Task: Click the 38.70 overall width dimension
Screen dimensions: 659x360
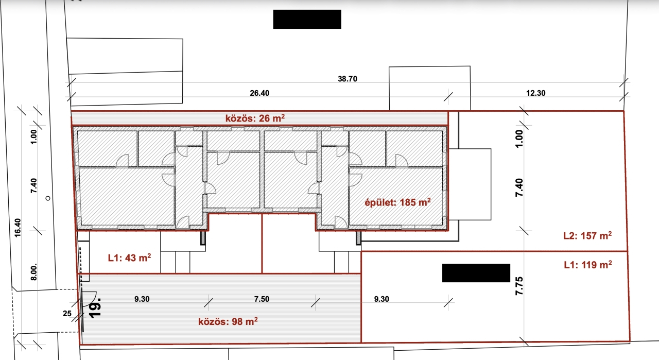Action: (x=348, y=79)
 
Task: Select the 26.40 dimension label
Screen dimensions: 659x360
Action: (x=259, y=93)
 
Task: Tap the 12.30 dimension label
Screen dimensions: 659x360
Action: (x=536, y=93)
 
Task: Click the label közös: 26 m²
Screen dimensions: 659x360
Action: (x=255, y=118)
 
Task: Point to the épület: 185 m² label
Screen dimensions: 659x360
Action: (x=398, y=202)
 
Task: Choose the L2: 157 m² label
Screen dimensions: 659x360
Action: (x=587, y=235)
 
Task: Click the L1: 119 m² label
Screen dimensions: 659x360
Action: (x=588, y=265)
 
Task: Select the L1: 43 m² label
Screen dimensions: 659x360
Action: (x=129, y=258)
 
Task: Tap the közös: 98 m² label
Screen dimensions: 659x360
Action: (x=228, y=321)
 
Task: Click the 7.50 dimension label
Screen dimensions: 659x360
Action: (x=262, y=299)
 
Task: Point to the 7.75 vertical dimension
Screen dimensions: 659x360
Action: (x=519, y=286)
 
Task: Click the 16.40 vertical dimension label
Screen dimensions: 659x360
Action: (x=18, y=228)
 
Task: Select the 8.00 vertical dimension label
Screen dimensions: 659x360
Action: (x=34, y=272)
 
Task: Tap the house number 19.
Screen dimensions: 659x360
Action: (x=95, y=308)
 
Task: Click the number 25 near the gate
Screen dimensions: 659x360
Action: (x=67, y=314)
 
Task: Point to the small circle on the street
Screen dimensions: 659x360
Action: (x=48, y=198)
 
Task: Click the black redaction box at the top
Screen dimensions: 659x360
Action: (x=307, y=19)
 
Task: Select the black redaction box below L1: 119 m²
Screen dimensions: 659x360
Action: (x=476, y=273)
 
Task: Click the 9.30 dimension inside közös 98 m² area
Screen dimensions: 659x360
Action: (x=142, y=299)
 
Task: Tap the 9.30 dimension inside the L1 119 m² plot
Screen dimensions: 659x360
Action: (x=381, y=299)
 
